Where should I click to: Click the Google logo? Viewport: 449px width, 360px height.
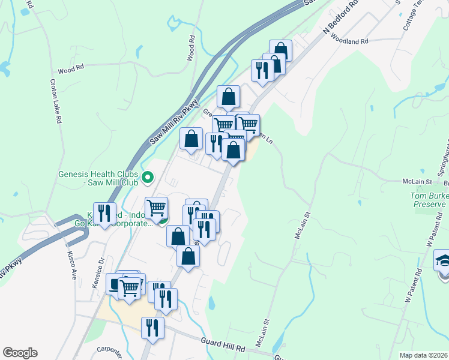click(x=20, y=353)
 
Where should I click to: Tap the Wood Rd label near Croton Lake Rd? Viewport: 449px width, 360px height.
click(x=70, y=70)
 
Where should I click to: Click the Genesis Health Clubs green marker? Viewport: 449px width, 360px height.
click(x=148, y=178)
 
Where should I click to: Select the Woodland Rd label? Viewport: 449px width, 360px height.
click(x=348, y=41)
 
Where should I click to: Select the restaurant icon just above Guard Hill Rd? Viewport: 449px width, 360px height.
click(x=152, y=328)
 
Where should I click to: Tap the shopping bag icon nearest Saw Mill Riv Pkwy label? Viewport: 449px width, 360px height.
click(x=191, y=139)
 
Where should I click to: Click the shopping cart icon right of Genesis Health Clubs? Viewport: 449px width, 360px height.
click(x=156, y=208)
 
